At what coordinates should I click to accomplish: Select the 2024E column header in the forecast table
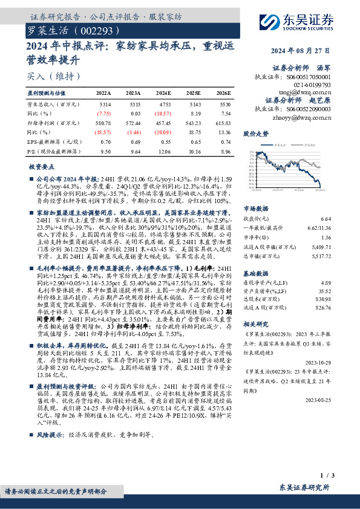[163, 94]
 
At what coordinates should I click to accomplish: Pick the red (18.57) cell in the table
[104, 131]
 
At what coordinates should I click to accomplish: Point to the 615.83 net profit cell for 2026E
[223, 123]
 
